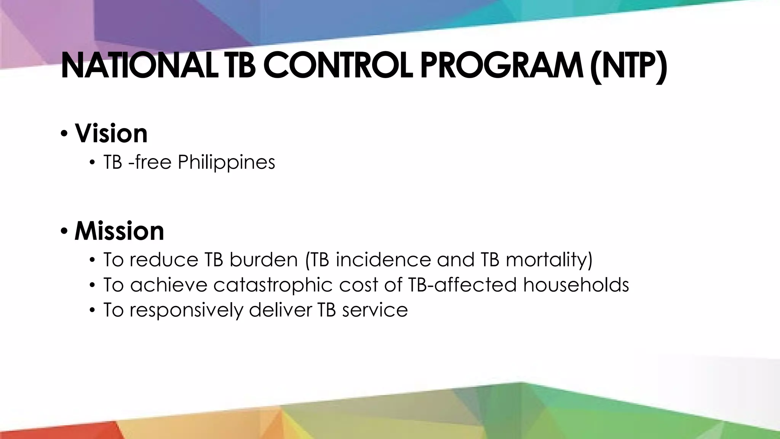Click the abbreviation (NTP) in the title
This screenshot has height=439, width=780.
tap(628, 67)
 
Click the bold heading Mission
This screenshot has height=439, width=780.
tap(119, 231)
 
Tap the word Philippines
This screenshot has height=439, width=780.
tap(226, 162)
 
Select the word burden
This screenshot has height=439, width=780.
tap(263, 260)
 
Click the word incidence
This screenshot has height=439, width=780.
tap(383, 260)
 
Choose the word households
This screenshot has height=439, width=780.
tap(576, 285)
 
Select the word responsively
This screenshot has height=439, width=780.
tap(186, 310)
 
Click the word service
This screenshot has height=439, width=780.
tap(375, 310)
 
